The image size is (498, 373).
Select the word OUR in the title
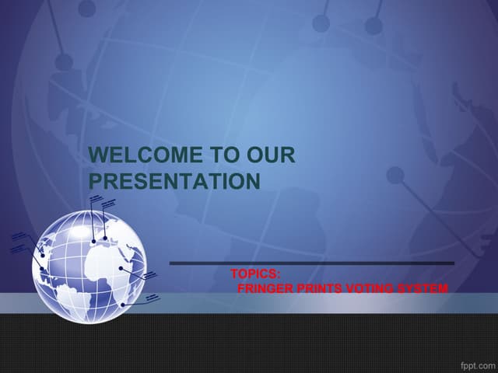click(270, 155)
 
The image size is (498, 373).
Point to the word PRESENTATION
click(174, 181)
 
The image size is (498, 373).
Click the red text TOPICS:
click(255, 274)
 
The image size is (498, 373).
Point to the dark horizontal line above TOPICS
click(311, 263)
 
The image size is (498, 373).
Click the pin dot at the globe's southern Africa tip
click(122, 304)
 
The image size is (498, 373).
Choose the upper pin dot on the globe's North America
click(42, 248)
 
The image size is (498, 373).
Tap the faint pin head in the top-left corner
click(87, 9)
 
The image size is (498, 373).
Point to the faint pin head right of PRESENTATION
click(395, 175)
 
